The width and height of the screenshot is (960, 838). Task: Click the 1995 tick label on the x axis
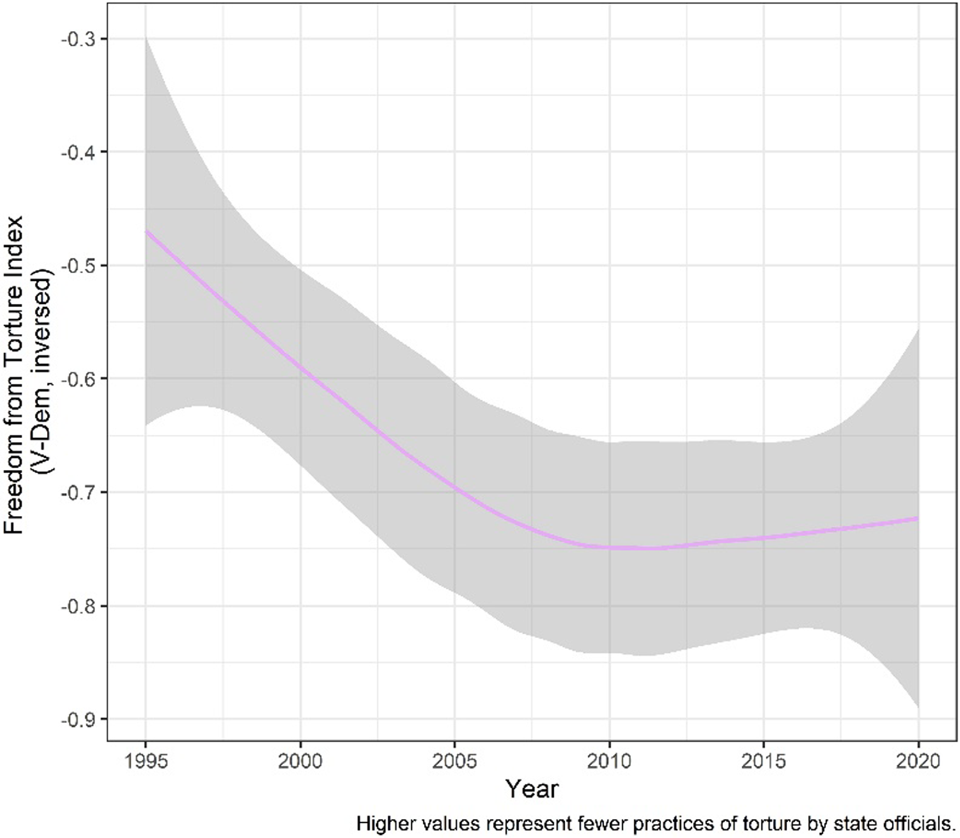pos(146,763)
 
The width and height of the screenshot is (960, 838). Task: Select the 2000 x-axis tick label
pos(300,763)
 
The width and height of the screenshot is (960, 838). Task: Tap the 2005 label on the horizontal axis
pos(454,763)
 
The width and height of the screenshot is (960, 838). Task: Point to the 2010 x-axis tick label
pos(609,763)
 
